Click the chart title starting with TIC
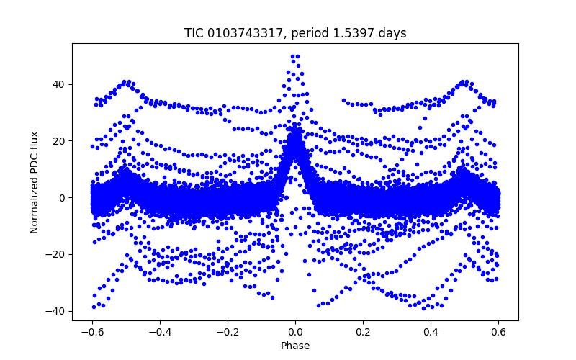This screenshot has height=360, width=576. point(295,33)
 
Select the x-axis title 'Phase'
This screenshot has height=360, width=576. point(295,346)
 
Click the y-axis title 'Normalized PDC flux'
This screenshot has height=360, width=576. point(35,181)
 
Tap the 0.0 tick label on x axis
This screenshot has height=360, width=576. point(295,332)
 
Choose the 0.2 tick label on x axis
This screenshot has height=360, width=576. point(364,332)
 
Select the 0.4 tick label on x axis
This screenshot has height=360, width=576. point(431,332)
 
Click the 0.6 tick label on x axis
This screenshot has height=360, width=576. point(500,332)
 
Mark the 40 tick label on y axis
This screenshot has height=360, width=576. point(60,84)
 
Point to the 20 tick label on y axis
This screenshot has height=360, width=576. point(60,141)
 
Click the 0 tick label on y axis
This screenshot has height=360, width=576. point(63,197)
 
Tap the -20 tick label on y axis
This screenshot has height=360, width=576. point(57,254)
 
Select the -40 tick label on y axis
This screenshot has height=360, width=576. point(57,311)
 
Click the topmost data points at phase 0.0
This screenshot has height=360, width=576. point(295,56)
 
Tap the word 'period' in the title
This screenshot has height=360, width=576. point(310,33)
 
